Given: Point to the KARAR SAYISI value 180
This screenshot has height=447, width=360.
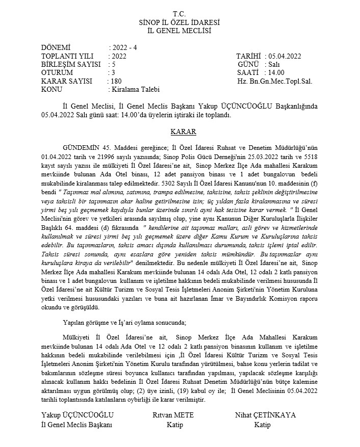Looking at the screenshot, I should [116, 81].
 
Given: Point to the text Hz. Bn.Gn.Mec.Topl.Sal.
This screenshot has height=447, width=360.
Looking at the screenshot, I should [275, 81].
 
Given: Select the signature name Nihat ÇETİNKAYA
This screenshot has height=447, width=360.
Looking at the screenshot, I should [265, 415].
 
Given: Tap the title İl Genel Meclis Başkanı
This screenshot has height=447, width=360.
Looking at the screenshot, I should [76, 424].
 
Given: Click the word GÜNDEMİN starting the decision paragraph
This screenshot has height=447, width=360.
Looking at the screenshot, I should [81, 147].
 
